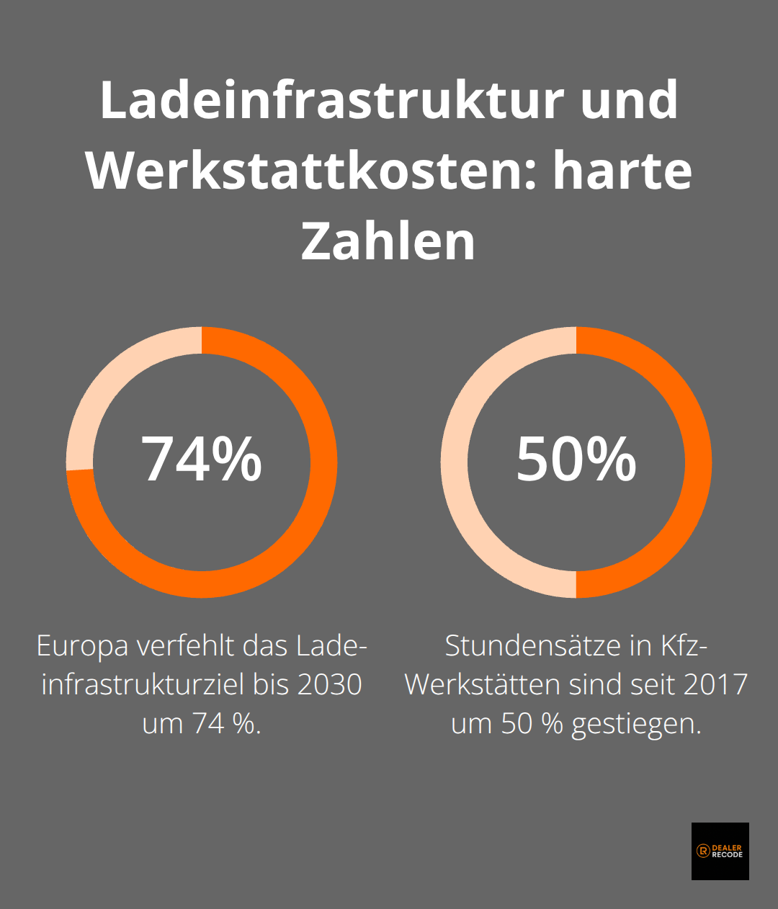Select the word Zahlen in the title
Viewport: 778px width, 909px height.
pyautogui.click(x=388, y=241)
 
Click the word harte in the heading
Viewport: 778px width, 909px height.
pyautogui.click(x=622, y=171)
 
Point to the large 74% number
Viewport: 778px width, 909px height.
pyautogui.click(x=202, y=460)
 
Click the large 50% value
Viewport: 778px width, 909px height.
pyautogui.click(x=576, y=460)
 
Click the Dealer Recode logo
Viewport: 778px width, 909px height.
pyautogui.click(x=720, y=851)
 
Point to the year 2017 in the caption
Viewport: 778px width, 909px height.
pyautogui.click(x=715, y=684)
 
